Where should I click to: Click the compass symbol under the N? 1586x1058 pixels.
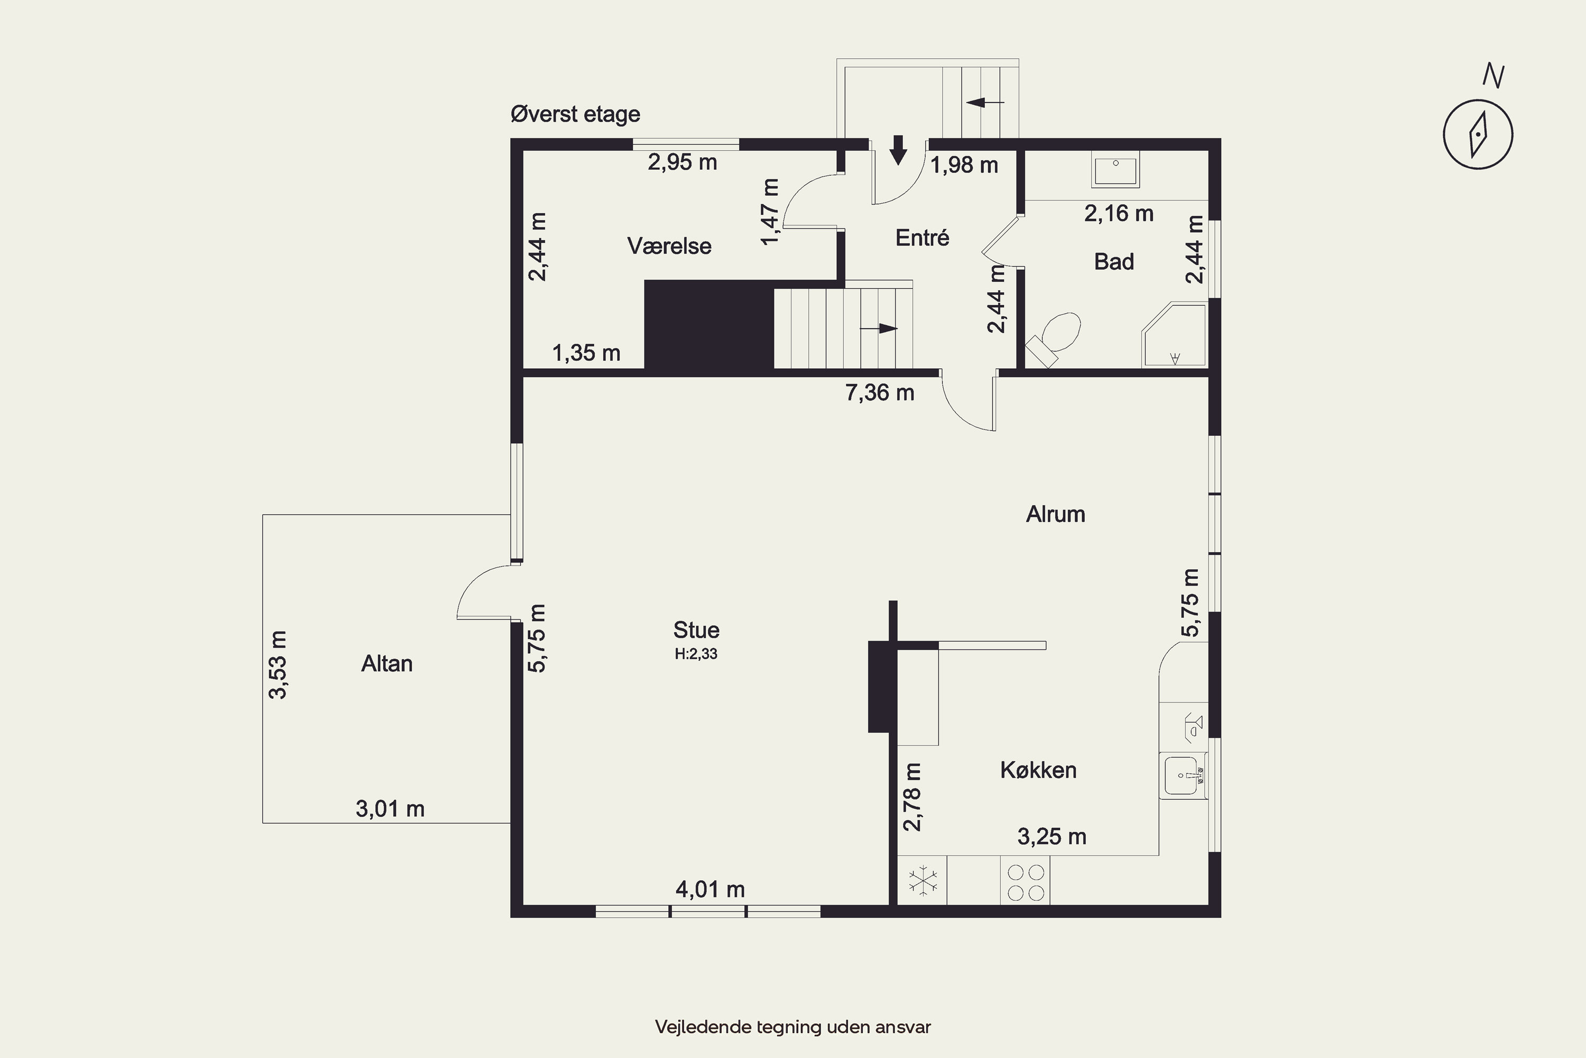pyautogui.click(x=1478, y=134)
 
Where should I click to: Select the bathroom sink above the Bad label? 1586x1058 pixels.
pyautogui.click(x=1116, y=169)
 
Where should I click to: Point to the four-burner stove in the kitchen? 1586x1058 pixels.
pyautogui.click(x=1026, y=882)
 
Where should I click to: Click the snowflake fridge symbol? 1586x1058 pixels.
pyautogui.click(x=923, y=881)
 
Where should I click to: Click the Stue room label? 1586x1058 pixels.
pyautogui.click(x=696, y=630)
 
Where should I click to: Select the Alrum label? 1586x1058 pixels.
pyautogui.click(x=1055, y=514)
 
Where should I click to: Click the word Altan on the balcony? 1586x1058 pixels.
pyautogui.click(x=387, y=663)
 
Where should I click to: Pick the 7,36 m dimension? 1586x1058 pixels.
pyautogui.click(x=880, y=393)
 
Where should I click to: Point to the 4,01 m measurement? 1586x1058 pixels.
pyautogui.click(x=710, y=889)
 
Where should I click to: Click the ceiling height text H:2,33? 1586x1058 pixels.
pyautogui.click(x=696, y=654)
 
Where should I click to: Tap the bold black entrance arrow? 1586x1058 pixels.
pyautogui.click(x=898, y=150)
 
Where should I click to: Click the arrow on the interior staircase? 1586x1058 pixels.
pyautogui.click(x=879, y=329)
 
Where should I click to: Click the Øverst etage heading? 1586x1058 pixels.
pyautogui.click(x=575, y=114)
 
